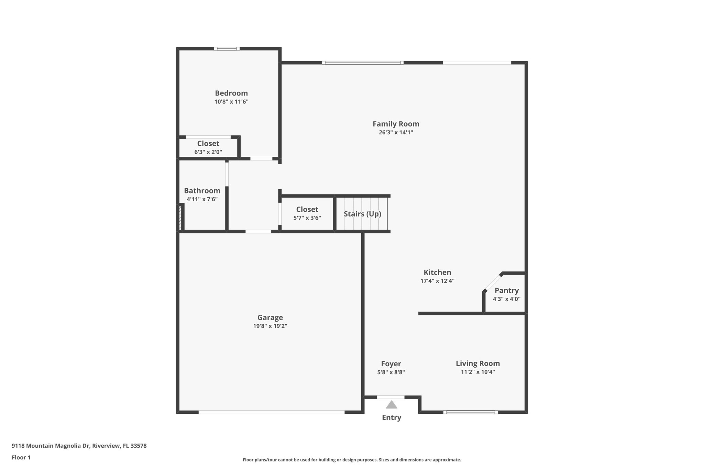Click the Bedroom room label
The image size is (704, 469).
coord(231,93)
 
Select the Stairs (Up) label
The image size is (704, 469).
coord(362,214)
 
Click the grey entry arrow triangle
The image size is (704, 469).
coord(391,405)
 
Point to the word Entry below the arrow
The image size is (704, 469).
coord(392,417)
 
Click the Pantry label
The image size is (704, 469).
coord(506,290)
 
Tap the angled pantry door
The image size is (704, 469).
coord(493,282)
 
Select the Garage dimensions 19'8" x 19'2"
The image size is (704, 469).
coord(270,326)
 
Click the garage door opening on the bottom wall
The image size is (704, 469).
coord(271,412)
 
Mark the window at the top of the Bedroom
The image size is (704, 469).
coord(227,48)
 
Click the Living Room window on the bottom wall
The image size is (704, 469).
coord(470,412)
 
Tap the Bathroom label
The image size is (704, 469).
coord(202,191)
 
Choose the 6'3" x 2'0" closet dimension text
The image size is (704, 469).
coord(208,152)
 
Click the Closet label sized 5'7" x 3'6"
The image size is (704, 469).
coord(307,209)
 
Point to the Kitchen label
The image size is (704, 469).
coord(437,272)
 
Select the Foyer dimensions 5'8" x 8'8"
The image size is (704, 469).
coord(391,372)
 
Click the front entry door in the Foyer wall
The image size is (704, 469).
coord(390,397)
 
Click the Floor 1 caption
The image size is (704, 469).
coord(21,457)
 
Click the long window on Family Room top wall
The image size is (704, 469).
coord(363,63)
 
